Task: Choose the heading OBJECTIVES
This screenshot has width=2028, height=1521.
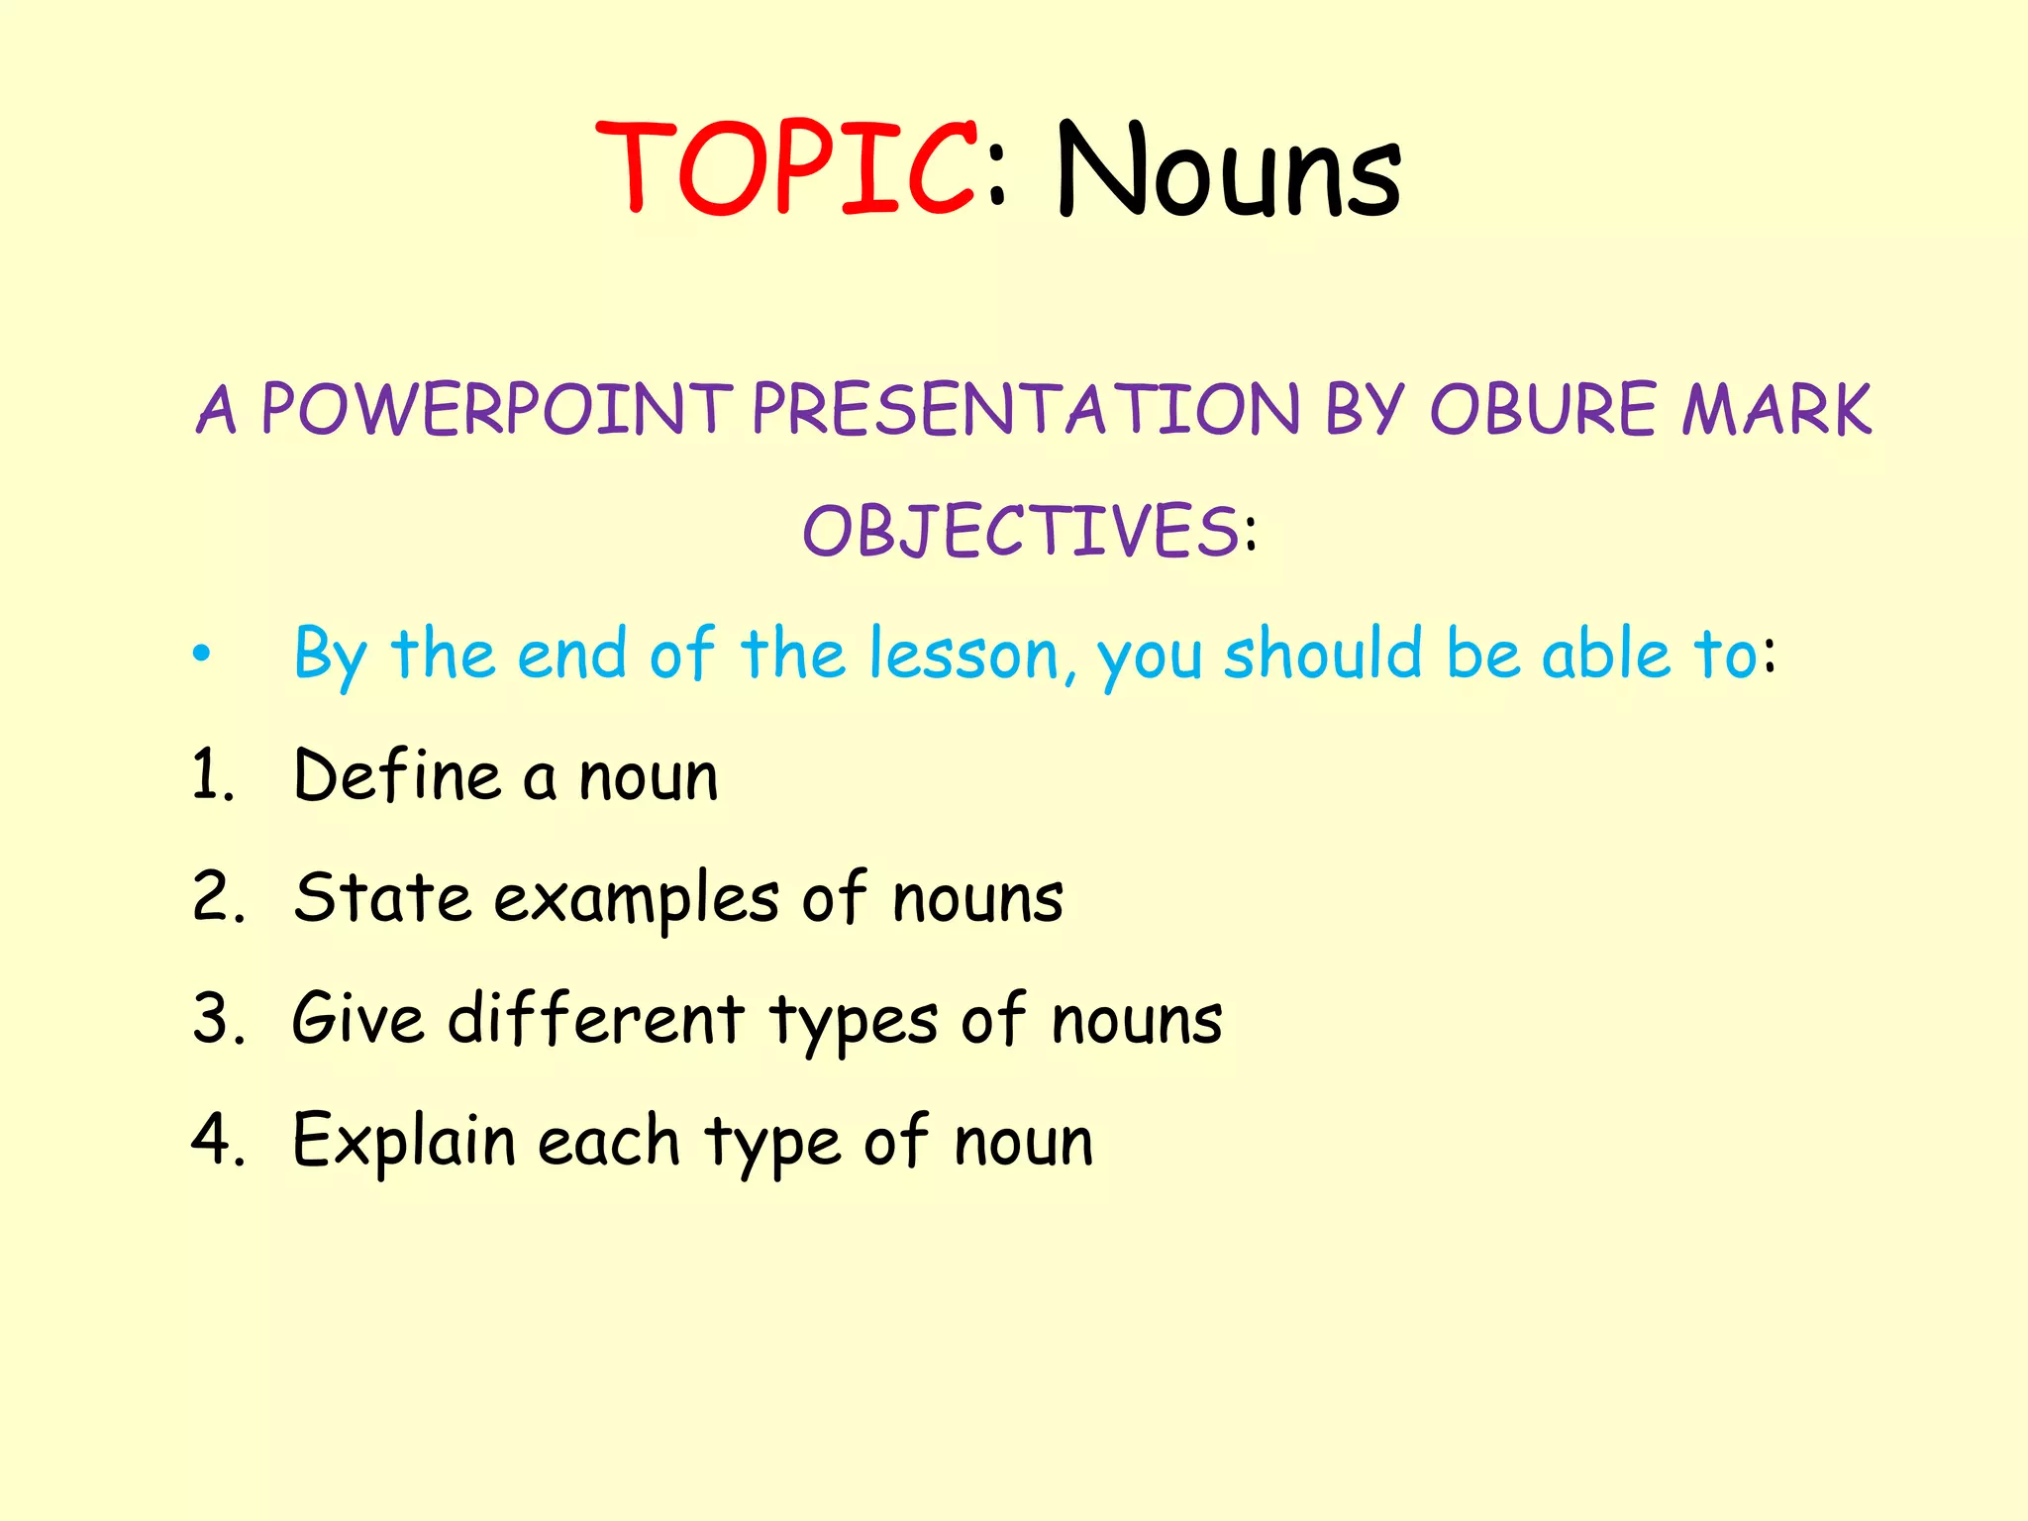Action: tap(1020, 531)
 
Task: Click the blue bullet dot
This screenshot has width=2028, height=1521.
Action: tap(202, 654)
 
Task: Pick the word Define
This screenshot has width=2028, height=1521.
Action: tap(398, 775)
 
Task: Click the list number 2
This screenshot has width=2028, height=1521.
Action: tap(217, 897)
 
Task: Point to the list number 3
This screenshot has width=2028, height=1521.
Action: tap(217, 1019)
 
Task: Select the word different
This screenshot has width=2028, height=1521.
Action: tap(596, 1018)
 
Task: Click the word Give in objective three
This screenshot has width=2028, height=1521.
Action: tap(357, 1018)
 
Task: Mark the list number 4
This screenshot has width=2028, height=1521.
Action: tap(217, 1140)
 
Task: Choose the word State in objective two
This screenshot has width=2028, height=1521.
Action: tap(382, 897)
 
